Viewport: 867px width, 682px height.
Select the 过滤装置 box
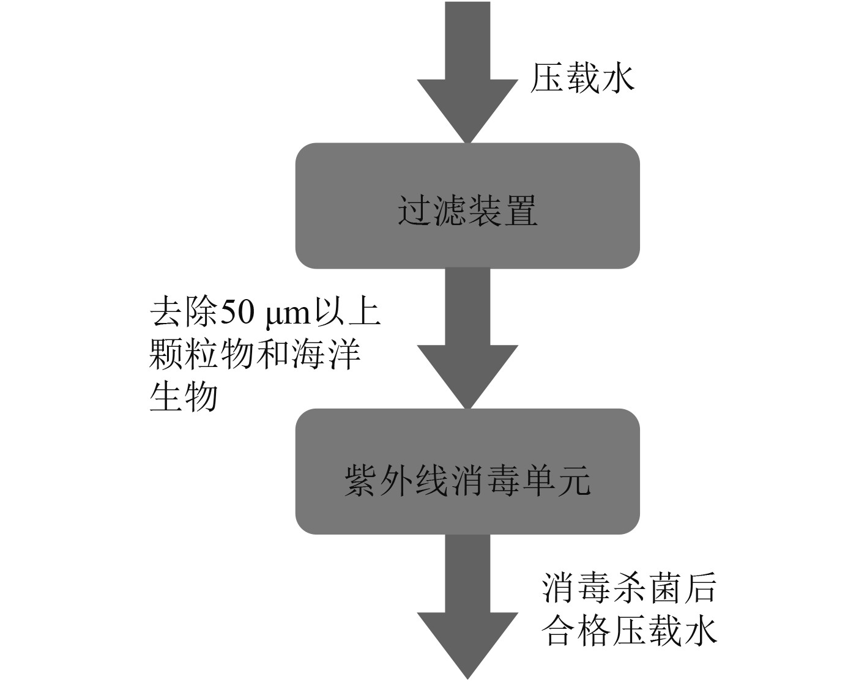[467, 206]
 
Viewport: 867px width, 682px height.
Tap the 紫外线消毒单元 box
[467, 472]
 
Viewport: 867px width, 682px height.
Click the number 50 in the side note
[233, 313]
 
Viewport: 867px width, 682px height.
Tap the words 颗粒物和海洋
[255, 355]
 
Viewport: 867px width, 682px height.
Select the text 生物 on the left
[184, 396]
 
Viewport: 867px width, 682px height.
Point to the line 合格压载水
[628, 632]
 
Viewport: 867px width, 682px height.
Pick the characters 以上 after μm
[348, 313]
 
